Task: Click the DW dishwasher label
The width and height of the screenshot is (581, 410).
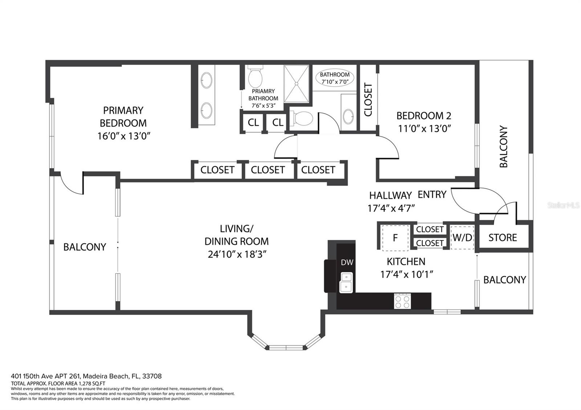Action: pos(347,262)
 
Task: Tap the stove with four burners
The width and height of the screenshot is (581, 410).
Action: pos(402,302)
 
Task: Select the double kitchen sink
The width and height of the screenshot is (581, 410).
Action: pos(346,283)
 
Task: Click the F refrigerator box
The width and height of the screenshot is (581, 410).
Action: pos(395,238)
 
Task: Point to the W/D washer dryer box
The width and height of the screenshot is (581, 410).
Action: pos(462,238)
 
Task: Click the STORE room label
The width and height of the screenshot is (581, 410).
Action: pos(503,238)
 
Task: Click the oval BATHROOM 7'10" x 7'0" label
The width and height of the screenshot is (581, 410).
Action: pos(334,78)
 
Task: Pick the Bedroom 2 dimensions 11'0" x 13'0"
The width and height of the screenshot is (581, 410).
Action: pos(424,128)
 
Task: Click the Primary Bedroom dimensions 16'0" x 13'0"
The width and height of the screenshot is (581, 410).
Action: pos(124,136)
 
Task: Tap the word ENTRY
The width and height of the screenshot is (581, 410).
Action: pos(432,194)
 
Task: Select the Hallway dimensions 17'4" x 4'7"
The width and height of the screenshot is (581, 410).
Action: pos(391,208)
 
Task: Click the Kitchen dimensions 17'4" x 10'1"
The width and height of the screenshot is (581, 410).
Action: pos(406,274)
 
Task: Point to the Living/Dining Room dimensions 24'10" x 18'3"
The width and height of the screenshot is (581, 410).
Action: pos(237,254)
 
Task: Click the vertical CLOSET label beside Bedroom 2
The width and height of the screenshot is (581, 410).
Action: pos(368,99)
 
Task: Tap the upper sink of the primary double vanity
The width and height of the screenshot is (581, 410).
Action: pos(207,80)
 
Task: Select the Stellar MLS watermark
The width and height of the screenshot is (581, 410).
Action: pos(563,205)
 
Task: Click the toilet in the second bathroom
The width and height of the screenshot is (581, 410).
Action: pos(301,119)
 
